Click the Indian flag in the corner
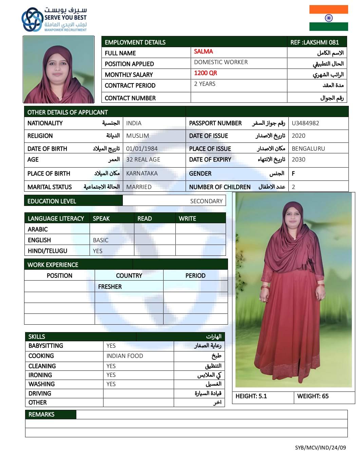tap(328, 18)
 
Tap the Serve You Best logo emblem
tap(33, 20)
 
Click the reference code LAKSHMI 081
tap(315, 42)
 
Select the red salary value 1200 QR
tap(205, 73)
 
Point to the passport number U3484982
tap(305, 123)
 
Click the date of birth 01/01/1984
tap(142, 149)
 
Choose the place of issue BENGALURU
tap(308, 149)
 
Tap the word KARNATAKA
tap(142, 173)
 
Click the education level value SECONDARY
tap(206, 201)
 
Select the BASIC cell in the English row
tap(100, 240)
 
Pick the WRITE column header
tap(187, 218)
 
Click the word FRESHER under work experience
tap(110, 287)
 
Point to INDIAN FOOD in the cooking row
tap(125, 356)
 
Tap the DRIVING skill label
tap(40, 394)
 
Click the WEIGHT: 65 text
tap(312, 396)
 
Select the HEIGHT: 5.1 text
tap(251, 396)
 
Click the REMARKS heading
tap(41, 415)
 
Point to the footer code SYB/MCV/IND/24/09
tap(320, 447)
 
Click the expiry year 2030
tap(299, 159)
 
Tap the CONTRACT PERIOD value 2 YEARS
tap(205, 84)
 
